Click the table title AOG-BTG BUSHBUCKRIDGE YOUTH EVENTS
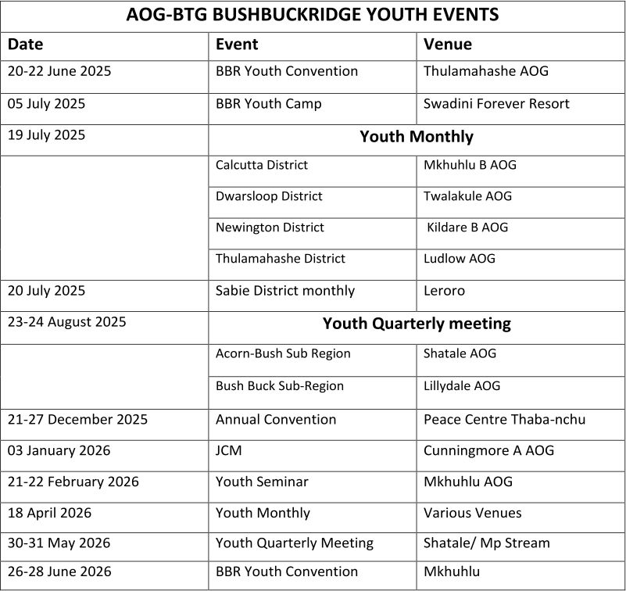coord(313,15)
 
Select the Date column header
coord(26,45)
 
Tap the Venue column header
coord(448,45)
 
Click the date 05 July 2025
coord(46,104)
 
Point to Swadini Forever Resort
coord(496,104)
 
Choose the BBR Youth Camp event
coord(268,104)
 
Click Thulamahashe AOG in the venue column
coord(486,71)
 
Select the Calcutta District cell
coord(262,165)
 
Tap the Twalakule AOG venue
coord(467,196)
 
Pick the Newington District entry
coord(270,227)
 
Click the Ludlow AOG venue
coord(460,259)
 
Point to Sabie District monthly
coord(284,291)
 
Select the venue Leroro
coord(444,291)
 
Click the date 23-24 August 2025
coord(66,322)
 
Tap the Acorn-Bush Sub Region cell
coord(283,353)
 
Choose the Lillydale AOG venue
coord(462,386)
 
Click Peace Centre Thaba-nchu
coord(504,420)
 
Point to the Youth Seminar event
coord(262,482)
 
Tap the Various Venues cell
coord(472,514)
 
